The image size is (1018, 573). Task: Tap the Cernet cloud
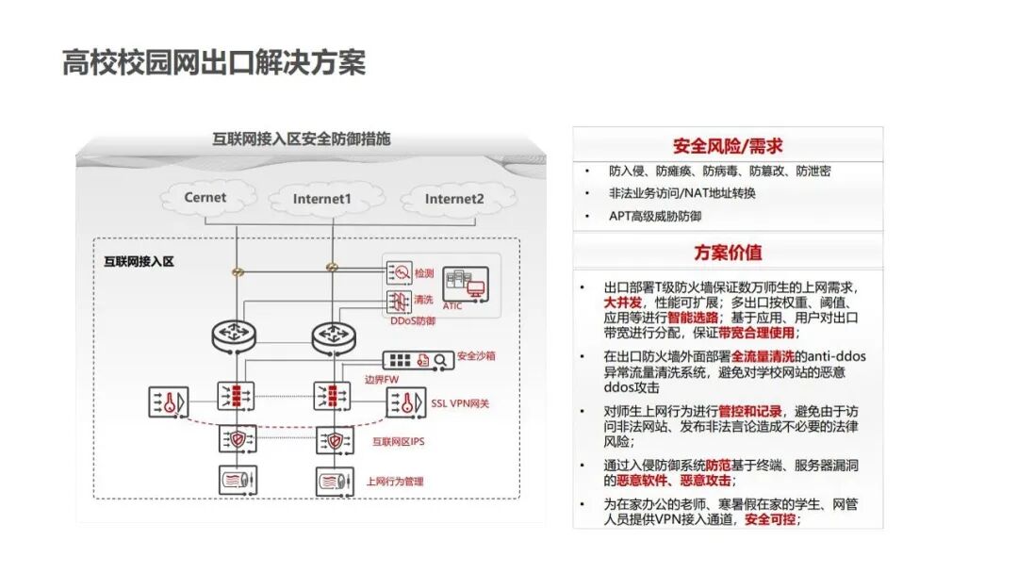[205, 198]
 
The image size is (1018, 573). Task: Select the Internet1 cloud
[321, 199]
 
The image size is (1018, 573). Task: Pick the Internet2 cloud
[453, 199]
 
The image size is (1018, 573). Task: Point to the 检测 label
[423, 274]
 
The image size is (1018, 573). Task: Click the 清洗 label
[423, 300]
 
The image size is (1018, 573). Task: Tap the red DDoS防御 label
[413, 321]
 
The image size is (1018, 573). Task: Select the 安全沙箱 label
[476, 357]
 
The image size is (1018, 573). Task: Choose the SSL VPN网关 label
[460, 403]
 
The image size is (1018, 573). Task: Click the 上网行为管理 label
[395, 482]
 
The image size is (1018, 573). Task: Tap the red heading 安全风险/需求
[727, 146]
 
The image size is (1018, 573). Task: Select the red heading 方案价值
[728, 253]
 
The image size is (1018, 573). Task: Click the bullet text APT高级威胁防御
[655, 216]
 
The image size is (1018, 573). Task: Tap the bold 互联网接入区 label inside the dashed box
[139, 261]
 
